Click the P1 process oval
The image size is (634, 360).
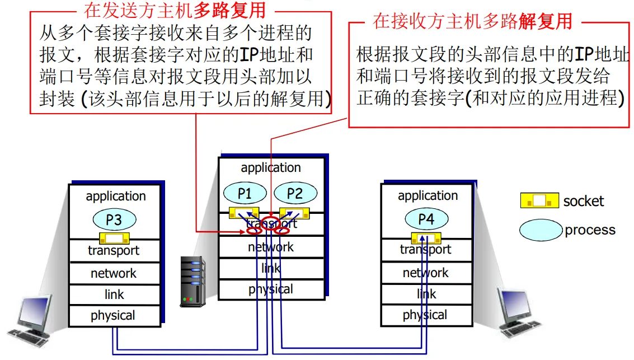tap(245, 193)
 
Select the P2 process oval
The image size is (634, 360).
tap(295, 193)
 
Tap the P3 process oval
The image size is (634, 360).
tap(114, 220)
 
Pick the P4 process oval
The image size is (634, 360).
tap(426, 219)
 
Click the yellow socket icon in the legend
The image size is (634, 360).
tap(539, 200)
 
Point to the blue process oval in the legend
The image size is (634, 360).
tap(541, 230)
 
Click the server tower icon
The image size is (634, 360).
tap(192, 282)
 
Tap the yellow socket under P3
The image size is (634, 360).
tap(114, 239)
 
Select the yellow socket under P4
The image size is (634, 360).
tap(426, 238)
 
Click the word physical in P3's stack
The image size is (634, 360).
tap(113, 316)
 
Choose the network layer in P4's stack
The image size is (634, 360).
tap(426, 273)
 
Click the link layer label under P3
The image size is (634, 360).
tap(114, 294)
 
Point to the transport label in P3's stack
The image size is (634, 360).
tap(114, 251)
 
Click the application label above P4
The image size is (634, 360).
tap(428, 196)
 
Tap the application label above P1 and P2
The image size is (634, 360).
tap(271, 168)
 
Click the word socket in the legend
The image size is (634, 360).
tap(584, 201)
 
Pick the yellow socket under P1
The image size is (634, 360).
tap(244, 213)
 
